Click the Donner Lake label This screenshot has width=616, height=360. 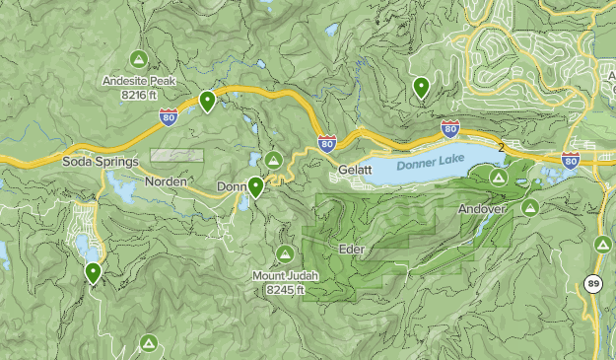[430, 166]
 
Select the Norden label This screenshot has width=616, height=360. [165, 182]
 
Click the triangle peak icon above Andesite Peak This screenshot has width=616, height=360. [138, 58]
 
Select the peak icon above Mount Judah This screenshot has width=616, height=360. [286, 253]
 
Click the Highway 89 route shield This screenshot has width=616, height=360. [592, 285]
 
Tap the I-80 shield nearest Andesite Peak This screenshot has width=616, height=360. [169, 118]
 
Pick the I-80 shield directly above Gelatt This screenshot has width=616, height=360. [326, 143]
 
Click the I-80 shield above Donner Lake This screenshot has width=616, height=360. [450, 128]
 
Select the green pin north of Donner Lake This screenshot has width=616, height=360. [421, 88]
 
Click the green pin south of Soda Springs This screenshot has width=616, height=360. [93, 272]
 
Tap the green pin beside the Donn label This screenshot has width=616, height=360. [255, 186]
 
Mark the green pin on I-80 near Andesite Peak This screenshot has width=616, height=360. [207, 101]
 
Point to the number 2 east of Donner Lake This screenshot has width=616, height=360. [502, 148]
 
